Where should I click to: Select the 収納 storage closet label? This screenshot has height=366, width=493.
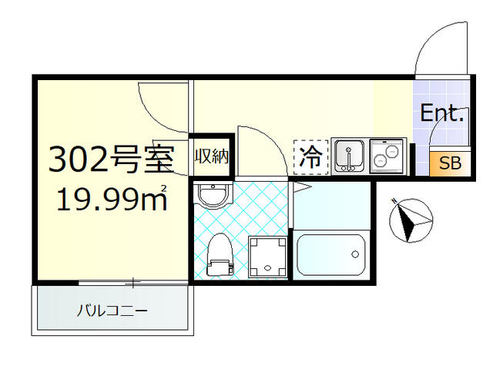pos(210,157)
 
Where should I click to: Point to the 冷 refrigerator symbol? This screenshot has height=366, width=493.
pos(311,158)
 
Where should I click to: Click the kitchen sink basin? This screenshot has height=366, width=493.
pos(350,156)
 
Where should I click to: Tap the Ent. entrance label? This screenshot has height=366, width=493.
pos(441,115)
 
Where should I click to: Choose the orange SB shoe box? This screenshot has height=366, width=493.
pos(449,164)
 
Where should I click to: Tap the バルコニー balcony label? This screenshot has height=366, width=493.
pos(112,312)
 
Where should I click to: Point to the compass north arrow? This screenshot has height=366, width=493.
pos(409,220)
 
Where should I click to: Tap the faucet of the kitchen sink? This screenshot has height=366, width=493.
pos(350,161)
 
